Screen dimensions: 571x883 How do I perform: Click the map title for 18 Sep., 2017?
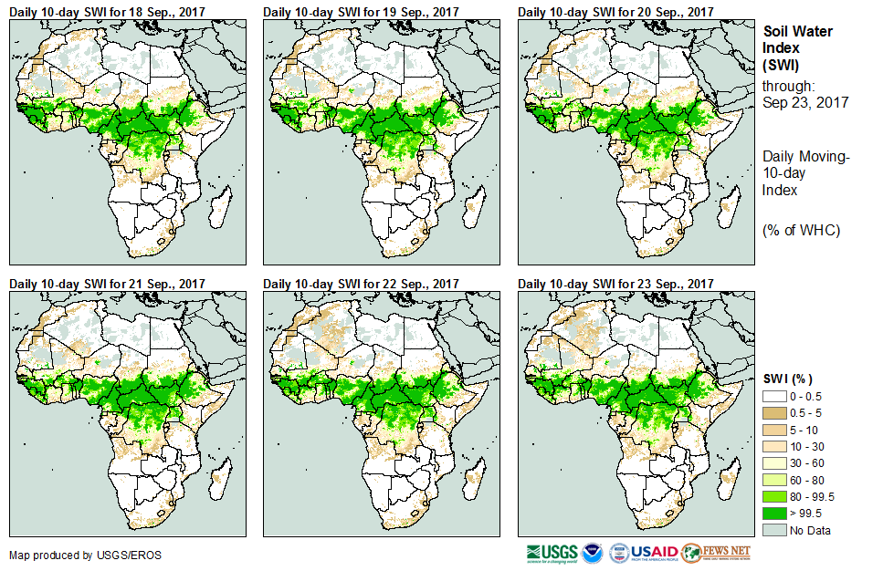coord(107,12)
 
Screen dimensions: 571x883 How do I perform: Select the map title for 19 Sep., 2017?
coord(361,12)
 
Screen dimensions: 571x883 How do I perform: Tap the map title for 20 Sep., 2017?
coord(615,12)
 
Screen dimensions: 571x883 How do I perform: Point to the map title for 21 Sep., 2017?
coord(107,284)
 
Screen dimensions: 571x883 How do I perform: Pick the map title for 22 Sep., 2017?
coord(361,284)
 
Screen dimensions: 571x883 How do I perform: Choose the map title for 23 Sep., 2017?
coord(615,284)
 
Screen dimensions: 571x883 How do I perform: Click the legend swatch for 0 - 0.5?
coord(774,397)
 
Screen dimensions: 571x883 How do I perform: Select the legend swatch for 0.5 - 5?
coord(774,413)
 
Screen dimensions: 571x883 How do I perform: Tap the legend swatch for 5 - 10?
coord(774,430)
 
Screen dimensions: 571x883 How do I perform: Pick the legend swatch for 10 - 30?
coord(774,446)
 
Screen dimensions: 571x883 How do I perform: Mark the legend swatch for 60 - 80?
coord(774,480)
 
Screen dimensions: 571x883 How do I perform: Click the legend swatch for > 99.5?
coord(774,513)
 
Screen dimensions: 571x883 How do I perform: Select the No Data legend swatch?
coord(774,529)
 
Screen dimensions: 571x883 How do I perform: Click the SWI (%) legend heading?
coord(788,379)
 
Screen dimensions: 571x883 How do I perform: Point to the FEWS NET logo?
coord(718,553)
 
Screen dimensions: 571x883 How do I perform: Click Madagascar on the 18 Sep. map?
coord(217,206)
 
